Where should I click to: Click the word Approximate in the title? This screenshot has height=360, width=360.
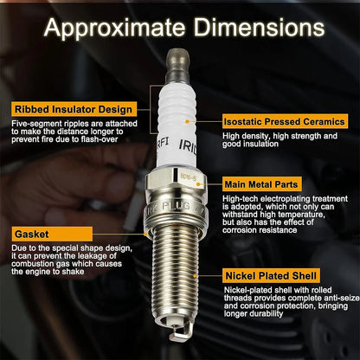click(114, 28)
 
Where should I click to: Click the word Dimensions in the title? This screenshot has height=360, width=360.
click(259, 27)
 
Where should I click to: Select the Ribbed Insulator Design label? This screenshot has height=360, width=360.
click(74, 109)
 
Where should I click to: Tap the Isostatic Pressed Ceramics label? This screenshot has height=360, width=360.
click(285, 121)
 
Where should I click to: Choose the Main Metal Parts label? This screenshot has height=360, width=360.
click(261, 184)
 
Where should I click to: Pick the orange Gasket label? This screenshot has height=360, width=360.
click(52, 234)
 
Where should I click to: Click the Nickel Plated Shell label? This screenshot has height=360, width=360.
click(271, 276)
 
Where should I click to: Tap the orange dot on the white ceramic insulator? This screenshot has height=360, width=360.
click(188, 122)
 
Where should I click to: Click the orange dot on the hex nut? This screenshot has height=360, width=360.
click(198, 184)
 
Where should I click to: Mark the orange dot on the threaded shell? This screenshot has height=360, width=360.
click(195, 276)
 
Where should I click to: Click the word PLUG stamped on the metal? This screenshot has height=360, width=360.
click(176, 206)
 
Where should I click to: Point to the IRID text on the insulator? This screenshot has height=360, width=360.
click(188, 147)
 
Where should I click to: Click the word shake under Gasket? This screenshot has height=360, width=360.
click(74, 272)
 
